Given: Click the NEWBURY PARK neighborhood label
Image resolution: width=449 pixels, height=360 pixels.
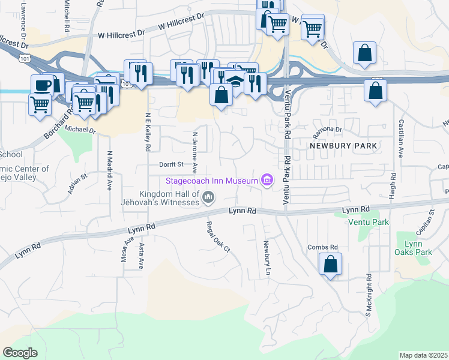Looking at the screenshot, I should tap(343, 146).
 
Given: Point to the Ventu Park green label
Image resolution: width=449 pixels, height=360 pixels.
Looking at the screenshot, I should tap(369, 222).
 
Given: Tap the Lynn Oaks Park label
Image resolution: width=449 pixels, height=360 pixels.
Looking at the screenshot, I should tap(418, 248).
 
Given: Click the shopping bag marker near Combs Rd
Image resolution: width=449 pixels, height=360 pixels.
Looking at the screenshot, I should tap(330, 263).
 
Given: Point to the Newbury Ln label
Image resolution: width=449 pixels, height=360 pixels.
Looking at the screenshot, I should tap(265, 259).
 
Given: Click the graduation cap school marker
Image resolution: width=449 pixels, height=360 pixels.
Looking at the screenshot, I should tap(235, 81).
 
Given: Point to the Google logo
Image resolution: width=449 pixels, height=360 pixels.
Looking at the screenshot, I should tap(20, 353).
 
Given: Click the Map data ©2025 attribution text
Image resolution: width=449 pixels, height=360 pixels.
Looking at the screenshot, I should tap(423, 355).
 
